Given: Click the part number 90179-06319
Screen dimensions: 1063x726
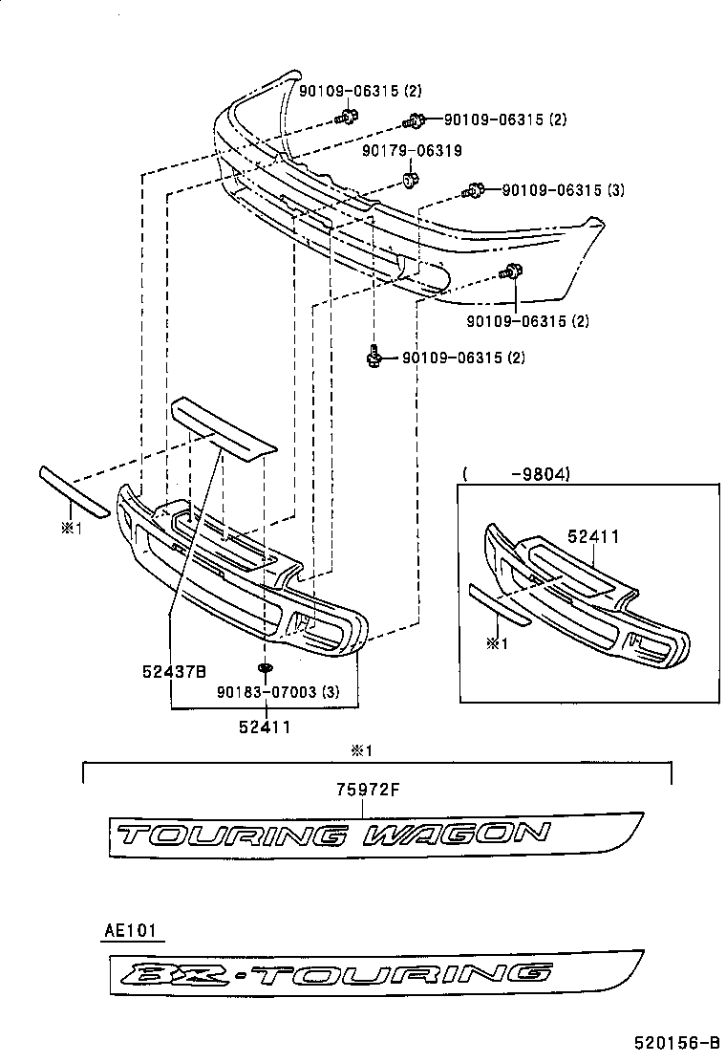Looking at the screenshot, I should click(x=412, y=151).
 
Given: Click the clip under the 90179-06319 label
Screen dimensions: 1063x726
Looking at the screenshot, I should click(x=410, y=179).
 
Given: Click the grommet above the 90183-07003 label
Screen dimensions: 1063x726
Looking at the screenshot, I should click(x=265, y=666).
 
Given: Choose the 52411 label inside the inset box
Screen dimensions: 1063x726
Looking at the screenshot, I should click(x=592, y=537).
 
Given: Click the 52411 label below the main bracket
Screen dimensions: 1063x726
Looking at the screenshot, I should click(x=265, y=727).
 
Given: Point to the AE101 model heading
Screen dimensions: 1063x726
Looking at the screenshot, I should click(x=127, y=929).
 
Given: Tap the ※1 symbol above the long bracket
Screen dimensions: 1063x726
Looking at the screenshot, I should click(x=359, y=751).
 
